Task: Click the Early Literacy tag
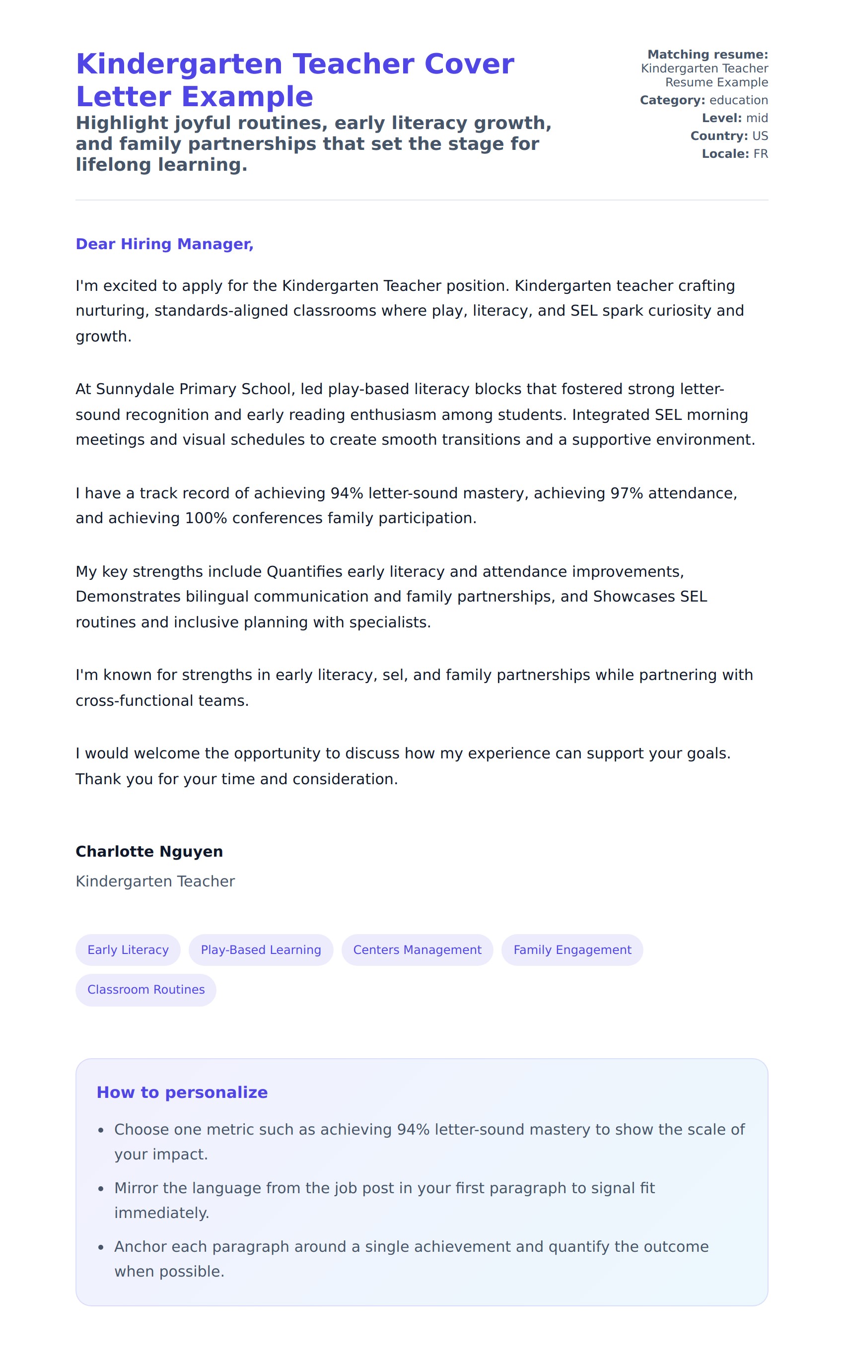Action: pos(128,949)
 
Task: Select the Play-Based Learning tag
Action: pos(261,949)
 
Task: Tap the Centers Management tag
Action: pos(417,949)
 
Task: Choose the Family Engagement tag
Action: pos(572,949)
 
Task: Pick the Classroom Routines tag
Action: pos(145,989)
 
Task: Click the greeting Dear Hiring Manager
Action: pos(165,244)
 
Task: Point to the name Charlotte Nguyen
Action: pos(149,851)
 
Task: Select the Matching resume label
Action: pos(707,55)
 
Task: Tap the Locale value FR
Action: pos(760,154)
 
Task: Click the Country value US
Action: pos(760,136)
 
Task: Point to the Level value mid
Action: pos(757,118)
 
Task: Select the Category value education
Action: pos(739,100)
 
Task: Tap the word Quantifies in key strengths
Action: pos(304,571)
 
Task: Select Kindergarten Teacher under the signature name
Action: pos(155,881)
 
